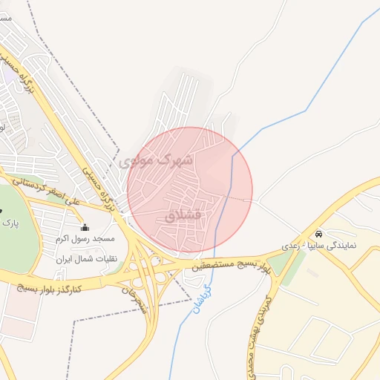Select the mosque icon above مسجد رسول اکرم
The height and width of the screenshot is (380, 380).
[85, 227]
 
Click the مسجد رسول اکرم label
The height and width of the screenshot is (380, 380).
[85, 239]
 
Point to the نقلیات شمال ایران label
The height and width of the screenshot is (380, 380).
[84, 259]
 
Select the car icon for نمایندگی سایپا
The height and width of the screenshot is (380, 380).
[319, 232]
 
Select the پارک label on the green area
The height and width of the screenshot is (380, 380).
[9, 221]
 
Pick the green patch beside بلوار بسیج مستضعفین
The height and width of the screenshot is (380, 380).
[279, 263]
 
